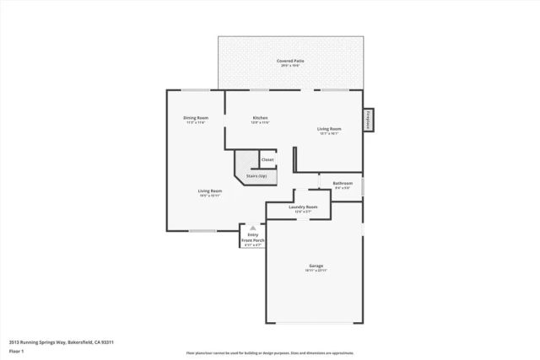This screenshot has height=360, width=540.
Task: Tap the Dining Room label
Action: click(196, 117)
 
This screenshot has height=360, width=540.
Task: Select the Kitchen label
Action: click(260, 117)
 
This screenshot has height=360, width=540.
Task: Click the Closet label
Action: click(267, 159)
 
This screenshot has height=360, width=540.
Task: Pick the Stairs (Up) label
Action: click(256, 175)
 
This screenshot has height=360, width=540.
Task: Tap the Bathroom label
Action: click(343, 183)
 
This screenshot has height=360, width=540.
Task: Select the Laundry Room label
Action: click(302, 207)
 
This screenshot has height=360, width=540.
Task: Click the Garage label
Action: click(315, 265)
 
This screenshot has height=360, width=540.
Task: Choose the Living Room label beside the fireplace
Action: click(329, 128)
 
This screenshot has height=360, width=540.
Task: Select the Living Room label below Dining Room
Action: click(210, 191)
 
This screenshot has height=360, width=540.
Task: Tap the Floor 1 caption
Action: click(17, 351)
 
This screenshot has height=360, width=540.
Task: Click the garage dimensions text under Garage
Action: click(316, 271)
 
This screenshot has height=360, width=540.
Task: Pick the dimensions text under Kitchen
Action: click(260, 123)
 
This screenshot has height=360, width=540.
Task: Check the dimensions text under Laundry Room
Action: click(302, 212)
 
